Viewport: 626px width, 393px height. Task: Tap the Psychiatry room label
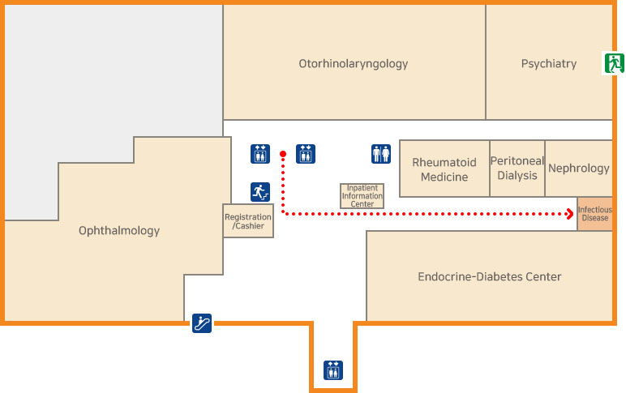(548, 63)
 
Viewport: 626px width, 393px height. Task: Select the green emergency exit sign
(612, 62)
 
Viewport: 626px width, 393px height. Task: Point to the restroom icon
(381, 153)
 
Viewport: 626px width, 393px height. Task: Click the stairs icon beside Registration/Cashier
(260, 192)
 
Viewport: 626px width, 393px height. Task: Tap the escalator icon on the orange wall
(202, 323)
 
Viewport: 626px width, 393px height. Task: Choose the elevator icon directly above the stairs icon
(260, 153)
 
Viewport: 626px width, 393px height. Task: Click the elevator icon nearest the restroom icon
(306, 153)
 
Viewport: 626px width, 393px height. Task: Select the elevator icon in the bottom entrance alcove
(333, 370)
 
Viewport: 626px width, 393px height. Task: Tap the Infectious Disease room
(594, 214)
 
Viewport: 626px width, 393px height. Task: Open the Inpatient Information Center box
(362, 196)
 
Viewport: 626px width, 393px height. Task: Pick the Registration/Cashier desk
(248, 221)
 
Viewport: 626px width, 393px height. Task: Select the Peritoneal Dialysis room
(517, 168)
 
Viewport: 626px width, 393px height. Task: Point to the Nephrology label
(578, 169)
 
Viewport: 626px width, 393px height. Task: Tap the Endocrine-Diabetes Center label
(489, 276)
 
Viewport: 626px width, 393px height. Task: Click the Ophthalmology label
(119, 231)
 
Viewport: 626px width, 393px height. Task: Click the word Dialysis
(517, 175)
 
